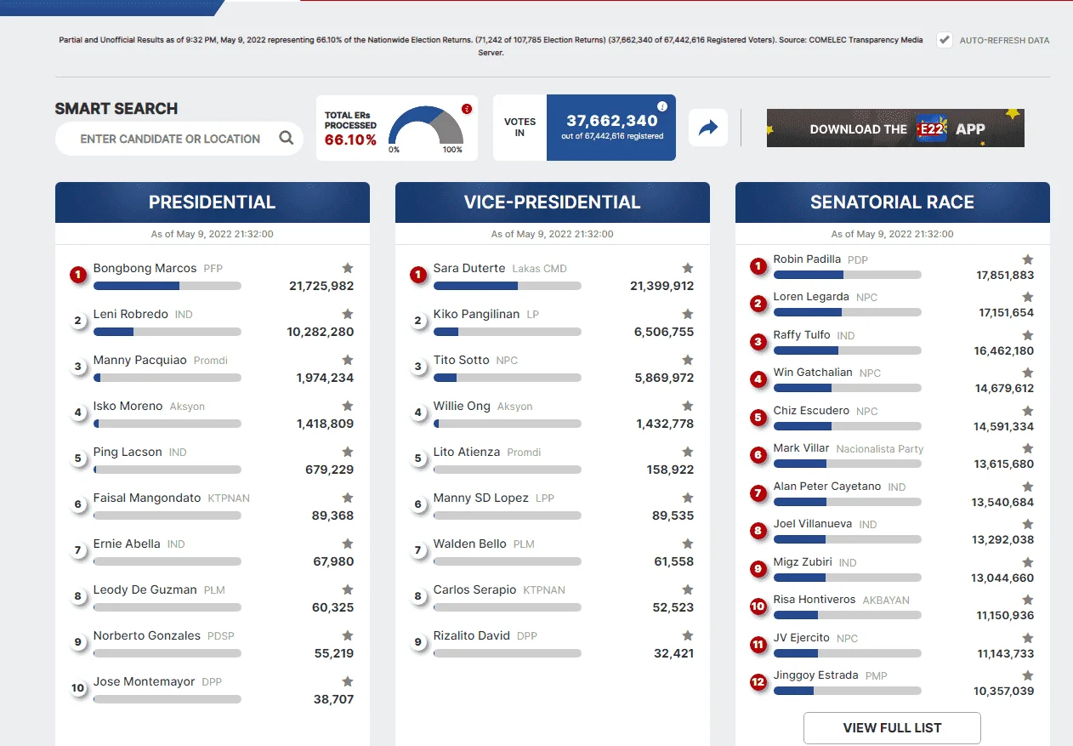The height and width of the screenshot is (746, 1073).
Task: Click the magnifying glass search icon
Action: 286,138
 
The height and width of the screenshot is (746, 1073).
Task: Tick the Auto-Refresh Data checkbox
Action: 944,40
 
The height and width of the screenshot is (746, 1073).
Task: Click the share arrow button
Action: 708,128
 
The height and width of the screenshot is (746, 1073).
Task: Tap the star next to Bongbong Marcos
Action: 348,268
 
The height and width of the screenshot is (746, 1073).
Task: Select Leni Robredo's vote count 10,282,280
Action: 320,332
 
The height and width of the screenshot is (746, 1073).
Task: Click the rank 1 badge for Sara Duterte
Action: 418,275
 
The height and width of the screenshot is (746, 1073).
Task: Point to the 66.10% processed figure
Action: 350,140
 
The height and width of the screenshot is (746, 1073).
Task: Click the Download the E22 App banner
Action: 895,128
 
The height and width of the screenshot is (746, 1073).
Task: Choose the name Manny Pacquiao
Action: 140,360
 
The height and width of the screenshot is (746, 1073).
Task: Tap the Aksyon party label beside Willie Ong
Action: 514,407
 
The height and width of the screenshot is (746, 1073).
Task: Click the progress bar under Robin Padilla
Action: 847,275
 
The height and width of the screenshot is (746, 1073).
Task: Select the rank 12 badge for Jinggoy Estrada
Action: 758,681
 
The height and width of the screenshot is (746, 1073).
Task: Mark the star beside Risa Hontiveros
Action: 1027,600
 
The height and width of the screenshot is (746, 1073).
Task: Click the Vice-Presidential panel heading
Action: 552,202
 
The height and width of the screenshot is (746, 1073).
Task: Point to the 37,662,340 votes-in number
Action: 611,121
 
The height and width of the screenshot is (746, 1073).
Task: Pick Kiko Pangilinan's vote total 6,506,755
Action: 663,332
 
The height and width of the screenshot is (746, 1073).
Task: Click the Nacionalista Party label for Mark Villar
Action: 879,449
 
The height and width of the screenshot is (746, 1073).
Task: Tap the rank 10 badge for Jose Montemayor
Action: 78,688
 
